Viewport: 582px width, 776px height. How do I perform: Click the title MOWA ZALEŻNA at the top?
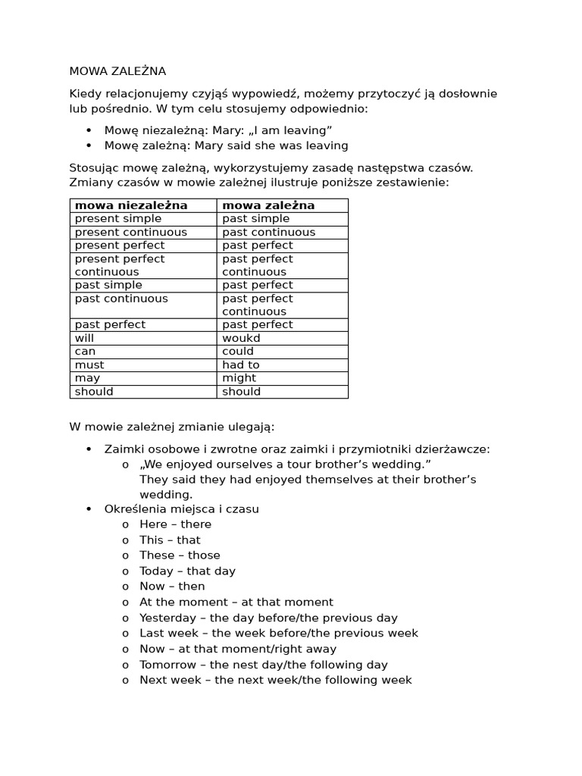pos(117,71)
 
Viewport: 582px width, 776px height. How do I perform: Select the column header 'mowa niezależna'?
pos(131,205)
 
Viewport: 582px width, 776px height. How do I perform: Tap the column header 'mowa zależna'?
pos(268,205)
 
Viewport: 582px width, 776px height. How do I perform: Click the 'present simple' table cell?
pos(118,219)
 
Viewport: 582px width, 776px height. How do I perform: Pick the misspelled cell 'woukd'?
pos(241,338)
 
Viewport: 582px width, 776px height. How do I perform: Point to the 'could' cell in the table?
pos(238,352)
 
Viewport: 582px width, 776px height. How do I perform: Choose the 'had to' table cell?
pos(241,365)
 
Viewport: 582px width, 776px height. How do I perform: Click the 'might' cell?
pos(239,378)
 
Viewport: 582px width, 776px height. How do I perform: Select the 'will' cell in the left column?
pos(84,338)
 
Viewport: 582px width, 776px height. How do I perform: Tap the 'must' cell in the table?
pos(89,365)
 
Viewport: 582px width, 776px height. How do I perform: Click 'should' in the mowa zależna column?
pos(241,392)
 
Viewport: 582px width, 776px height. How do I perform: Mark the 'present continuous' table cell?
pos(130,232)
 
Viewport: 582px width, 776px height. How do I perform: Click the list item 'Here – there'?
pos(175,524)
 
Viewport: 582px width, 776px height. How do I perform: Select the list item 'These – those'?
pos(180,555)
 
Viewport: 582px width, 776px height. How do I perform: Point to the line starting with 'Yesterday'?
pos(268,618)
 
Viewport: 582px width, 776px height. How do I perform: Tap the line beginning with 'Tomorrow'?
pos(263,665)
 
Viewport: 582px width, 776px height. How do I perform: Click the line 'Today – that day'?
pos(187,571)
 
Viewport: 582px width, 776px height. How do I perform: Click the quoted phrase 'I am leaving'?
pos(292,130)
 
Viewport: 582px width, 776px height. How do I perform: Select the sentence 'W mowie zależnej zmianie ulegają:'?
pos(172,427)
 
